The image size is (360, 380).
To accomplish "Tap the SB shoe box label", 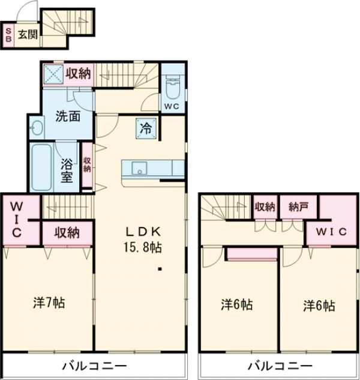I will click(x=9, y=34).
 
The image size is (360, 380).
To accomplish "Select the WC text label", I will click(x=172, y=107).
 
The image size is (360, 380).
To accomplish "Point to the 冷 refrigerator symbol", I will click(x=146, y=127).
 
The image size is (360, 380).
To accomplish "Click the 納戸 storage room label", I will click(x=298, y=207).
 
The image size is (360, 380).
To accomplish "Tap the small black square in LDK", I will click(x=160, y=268).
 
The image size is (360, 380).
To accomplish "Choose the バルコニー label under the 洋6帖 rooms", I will click(x=280, y=366).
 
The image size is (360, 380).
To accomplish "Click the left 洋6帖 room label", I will click(x=236, y=305).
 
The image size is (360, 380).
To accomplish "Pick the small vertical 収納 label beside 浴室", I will click(x=88, y=164).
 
